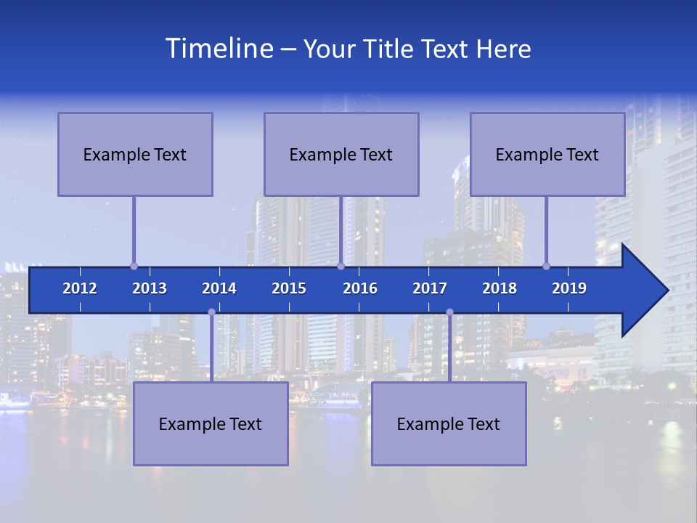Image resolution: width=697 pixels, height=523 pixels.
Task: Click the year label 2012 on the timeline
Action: [80, 288]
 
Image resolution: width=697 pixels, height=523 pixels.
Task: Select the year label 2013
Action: [150, 288]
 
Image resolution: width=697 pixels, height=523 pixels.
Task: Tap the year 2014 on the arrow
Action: [219, 288]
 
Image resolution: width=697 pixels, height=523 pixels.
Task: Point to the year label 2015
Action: [289, 288]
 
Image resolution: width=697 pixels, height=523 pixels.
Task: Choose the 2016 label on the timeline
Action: [360, 288]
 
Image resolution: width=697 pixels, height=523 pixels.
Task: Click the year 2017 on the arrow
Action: [430, 288]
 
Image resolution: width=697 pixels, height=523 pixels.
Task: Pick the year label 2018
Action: [500, 288]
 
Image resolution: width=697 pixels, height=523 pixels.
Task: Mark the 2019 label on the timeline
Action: [569, 288]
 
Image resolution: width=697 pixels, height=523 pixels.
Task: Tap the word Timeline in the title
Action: [218, 49]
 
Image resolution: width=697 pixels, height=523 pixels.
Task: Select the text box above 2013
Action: [135, 154]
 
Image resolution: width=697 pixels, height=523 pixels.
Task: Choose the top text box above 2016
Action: [341, 154]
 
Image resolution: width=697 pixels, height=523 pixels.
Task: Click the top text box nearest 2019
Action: [547, 154]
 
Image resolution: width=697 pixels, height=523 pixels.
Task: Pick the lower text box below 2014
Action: [211, 423]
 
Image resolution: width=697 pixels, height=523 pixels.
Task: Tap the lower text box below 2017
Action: [449, 423]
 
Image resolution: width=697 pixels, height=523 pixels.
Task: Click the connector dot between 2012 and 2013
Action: [134, 266]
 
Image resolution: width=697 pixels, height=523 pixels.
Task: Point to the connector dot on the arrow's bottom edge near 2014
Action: [211, 312]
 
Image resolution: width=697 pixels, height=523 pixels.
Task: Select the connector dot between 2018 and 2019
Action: [547, 266]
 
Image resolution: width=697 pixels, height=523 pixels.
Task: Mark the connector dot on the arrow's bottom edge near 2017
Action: [449, 312]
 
